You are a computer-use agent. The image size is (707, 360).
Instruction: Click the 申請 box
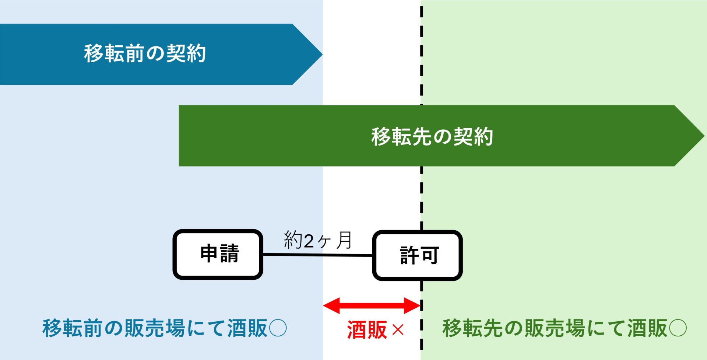[x=218, y=254]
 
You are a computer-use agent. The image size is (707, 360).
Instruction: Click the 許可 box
[x=417, y=255]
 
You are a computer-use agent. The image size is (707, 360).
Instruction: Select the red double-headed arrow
[x=372, y=305]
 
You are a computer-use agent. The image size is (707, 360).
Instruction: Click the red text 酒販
[x=367, y=329]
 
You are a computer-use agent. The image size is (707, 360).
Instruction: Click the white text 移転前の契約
[x=145, y=54]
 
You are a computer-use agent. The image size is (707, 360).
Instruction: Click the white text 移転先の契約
[x=432, y=137]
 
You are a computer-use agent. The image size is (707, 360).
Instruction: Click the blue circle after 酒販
[x=278, y=328]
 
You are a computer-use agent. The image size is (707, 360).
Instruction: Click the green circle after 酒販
[x=678, y=328]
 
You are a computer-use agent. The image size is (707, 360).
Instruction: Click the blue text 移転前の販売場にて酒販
[x=155, y=328]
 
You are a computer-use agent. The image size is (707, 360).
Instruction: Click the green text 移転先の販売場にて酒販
[x=555, y=328]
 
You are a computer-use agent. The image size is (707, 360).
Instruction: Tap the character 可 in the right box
[x=430, y=255]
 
